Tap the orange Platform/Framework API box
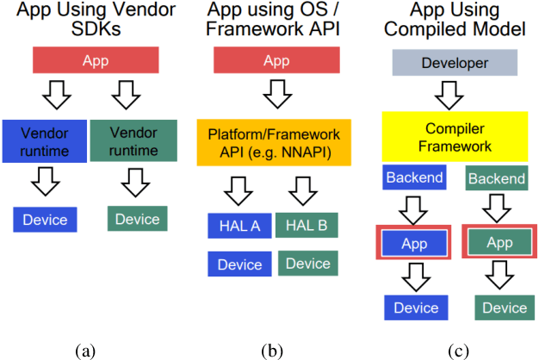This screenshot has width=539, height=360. tap(273, 142)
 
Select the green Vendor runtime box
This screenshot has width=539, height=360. tap(133, 139)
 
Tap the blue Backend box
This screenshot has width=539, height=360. tap(415, 178)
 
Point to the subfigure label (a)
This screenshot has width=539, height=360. tap(85, 349)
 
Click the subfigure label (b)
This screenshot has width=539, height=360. tap(273, 349)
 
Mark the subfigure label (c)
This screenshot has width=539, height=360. tap(460, 349)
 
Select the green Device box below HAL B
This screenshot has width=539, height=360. tap(307, 263)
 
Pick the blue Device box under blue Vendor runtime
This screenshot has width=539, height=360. tap(45, 219)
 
